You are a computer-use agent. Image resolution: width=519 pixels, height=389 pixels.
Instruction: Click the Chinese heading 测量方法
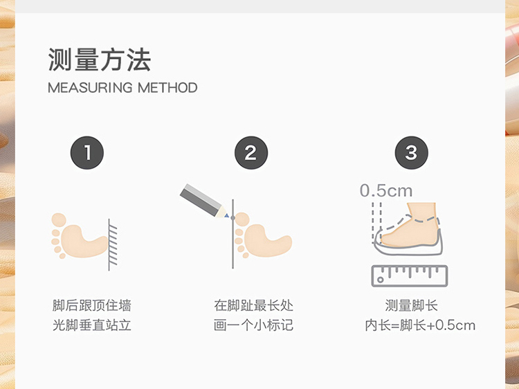click(x=100, y=60)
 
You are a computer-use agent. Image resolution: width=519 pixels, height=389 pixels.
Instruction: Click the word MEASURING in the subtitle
click(x=90, y=88)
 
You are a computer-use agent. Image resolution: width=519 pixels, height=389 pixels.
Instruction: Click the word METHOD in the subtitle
click(x=167, y=88)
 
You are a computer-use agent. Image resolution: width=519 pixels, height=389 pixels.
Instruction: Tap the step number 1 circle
click(x=87, y=152)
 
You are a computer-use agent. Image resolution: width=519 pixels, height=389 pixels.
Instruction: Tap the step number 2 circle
click(x=251, y=152)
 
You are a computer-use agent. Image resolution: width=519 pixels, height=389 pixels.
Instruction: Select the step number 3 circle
click(x=412, y=152)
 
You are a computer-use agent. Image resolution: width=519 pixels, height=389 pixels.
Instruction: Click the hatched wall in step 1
click(x=113, y=244)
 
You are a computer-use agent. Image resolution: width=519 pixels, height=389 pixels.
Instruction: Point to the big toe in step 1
click(x=59, y=220)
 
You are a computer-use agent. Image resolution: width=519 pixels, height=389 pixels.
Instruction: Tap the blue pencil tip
click(x=227, y=216)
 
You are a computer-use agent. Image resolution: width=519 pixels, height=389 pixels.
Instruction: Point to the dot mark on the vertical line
click(x=233, y=218)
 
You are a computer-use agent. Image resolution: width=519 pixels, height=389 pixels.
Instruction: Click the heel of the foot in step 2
click(x=284, y=243)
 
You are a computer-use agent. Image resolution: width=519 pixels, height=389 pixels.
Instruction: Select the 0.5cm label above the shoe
click(x=386, y=190)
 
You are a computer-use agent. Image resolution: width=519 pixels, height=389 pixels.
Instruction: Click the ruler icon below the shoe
click(x=410, y=275)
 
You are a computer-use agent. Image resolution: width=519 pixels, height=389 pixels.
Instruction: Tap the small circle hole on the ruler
click(x=381, y=280)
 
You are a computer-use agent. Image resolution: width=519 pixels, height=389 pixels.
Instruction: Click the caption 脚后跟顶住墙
click(x=91, y=305)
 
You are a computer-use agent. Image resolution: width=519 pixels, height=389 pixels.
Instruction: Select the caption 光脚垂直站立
click(x=91, y=325)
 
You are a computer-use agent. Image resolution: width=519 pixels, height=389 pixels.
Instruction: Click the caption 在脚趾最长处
click(x=253, y=305)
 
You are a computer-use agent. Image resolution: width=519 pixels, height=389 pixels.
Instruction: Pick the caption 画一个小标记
click(x=253, y=325)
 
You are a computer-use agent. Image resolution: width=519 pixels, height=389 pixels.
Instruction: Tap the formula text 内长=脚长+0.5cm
click(x=420, y=325)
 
